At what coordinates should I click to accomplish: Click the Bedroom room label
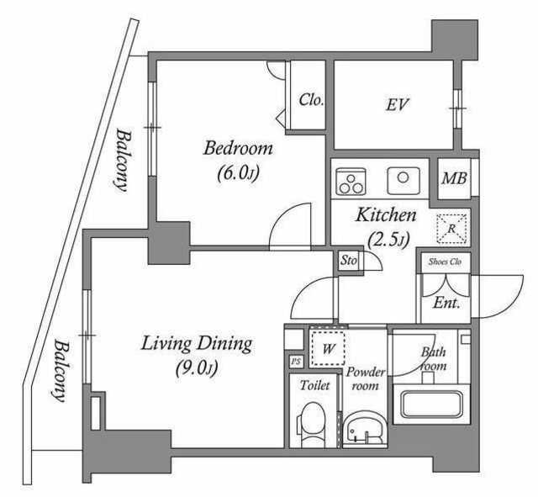pyautogui.click(x=238, y=149)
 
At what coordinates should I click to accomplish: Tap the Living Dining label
pyautogui.click(x=197, y=343)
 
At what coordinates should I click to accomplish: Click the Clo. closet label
pyautogui.click(x=311, y=99)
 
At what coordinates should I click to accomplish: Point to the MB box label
pyautogui.click(x=454, y=179)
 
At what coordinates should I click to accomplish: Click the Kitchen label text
pyautogui.click(x=387, y=215)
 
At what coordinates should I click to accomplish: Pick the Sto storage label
pyautogui.click(x=349, y=261)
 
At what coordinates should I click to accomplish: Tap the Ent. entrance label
pyautogui.click(x=446, y=304)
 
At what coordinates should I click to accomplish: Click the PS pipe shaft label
pyautogui.click(x=295, y=362)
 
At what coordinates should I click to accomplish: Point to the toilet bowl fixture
pyautogui.click(x=314, y=423)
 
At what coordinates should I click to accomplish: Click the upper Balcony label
pyautogui.click(x=124, y=160)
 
